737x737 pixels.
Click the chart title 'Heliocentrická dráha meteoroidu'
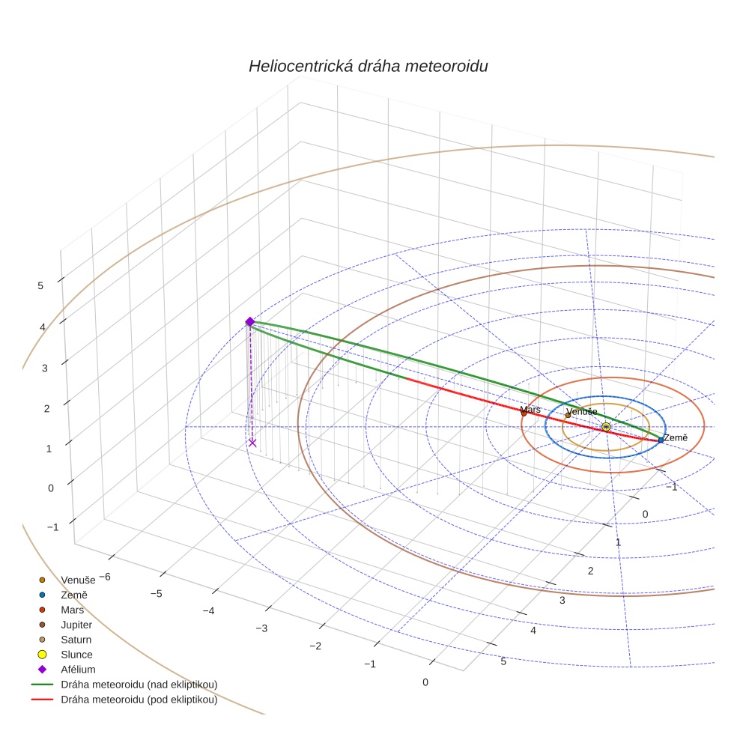(x=368, y=66)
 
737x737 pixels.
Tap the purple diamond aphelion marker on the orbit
(x=250, y=322)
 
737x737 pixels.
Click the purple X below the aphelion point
(x=252, y=443)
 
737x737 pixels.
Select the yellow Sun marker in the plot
(x=606, y=426)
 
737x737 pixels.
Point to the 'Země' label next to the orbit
(x=675, y=437)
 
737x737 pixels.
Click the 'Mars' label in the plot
(x=530, y=410)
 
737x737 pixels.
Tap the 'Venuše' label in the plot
(x=582, y=412)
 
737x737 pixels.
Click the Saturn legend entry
(x=76, y=640)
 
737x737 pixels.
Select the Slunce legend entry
(x=76, y=655)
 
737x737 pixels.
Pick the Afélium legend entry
(x=78, y=670)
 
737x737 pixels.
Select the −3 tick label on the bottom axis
(x=261, y=628)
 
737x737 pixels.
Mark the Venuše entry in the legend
(x=78, y=580)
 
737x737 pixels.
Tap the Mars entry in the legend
(x=72, y=610)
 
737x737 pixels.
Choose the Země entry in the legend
(x=73, y=595)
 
